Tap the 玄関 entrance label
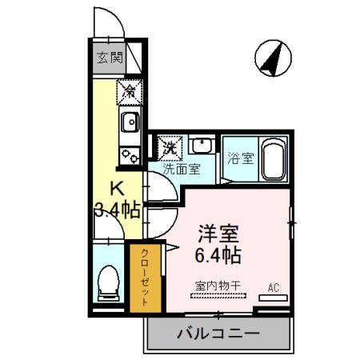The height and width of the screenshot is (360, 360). pyautogui.click(x=109, y=58)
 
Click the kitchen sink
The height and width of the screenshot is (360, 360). pyautogui.click(x=129, y=122)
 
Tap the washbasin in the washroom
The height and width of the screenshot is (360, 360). pyautogui.click(x=202, y=146)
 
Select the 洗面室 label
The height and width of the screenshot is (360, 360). pyautogui.click(x=182, y=170)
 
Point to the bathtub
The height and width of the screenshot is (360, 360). pyautogui.click(x=274, y=158)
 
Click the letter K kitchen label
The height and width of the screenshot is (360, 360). pyautogui.click(x=117, y=190)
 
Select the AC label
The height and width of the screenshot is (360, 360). pyautogui.click(x=272, y=287)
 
